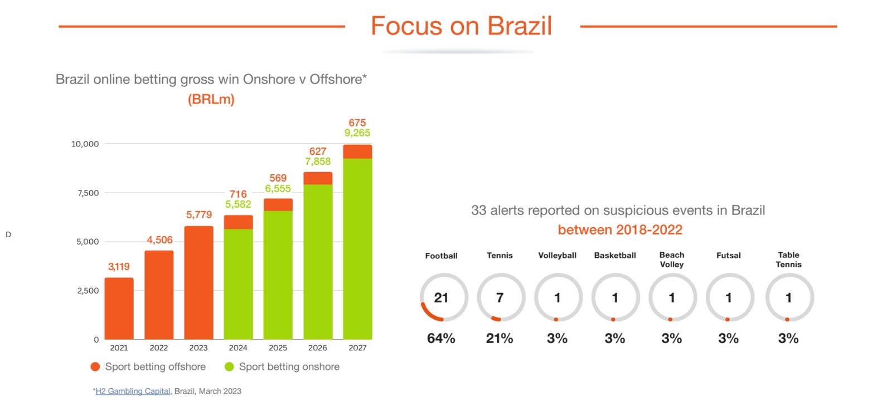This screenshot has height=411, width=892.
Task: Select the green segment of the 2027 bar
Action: pos(357,248)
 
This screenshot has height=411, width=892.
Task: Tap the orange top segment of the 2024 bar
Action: pos(238,222)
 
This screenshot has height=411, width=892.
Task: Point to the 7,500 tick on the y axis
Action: pos(88,193)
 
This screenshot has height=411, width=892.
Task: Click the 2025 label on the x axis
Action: pos(278,348)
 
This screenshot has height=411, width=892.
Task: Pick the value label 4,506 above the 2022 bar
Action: pos(159,240)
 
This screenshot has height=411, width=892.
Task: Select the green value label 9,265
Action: pos(357,133)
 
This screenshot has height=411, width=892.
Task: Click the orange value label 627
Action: pos(318,151)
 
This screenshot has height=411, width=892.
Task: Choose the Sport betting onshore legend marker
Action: pos(229,366)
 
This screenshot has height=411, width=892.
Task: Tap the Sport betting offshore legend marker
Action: pos(95,366)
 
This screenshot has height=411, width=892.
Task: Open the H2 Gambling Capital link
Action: pos(133,392)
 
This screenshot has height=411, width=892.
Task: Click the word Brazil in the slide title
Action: pos(519,26)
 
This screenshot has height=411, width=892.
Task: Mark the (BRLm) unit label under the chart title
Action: pos(211,100)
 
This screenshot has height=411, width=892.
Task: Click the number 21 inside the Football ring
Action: pos(441,298)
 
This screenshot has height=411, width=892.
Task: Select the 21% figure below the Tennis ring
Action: pos(500,339)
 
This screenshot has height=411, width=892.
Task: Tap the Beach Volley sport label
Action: pos(672,260)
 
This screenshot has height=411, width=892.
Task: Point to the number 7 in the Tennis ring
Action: pos(500,298)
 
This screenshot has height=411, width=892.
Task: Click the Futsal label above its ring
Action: pos(729,256)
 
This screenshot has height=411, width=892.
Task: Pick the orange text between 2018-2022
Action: pos(620,230)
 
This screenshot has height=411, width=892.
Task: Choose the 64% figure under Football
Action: pos(441,339)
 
